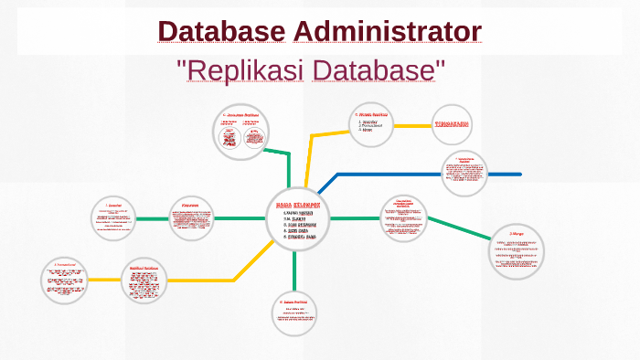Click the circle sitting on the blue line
click(x=464, y=174)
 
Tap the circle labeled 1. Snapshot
click(x=113, y=219)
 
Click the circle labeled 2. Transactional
click(x=64, y=280)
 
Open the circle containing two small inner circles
click(x=240, y=134)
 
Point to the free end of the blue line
click(x=519, y=174)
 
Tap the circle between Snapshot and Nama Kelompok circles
click(x=191, y=219)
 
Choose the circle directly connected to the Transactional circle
click(x=149, y=280)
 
